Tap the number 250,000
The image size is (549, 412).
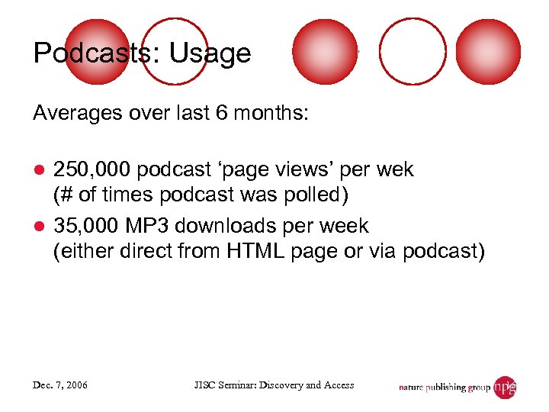tap(92, 169)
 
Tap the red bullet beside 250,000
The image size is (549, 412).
tap(40, 170)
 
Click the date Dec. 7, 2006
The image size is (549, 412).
tap(61, 385)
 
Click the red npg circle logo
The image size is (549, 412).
tap(505, 387)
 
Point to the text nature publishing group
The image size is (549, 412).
tap(445, 388)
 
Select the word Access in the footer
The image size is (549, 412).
tap(340, 385)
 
